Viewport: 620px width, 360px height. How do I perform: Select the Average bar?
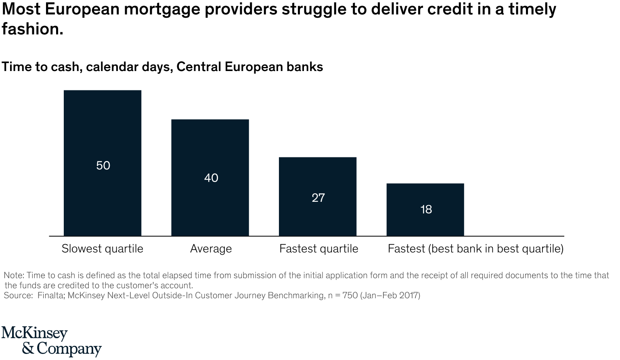[x=210, y=145]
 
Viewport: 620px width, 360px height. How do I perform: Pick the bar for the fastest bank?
[x=425, y=194]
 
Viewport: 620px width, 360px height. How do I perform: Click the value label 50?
[x=103, y=165]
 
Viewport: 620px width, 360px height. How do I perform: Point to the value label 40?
[x=211, y=178]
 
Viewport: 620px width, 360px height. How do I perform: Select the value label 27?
[x=318, y=198]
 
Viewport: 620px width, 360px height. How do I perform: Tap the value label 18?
[x=426, y=209]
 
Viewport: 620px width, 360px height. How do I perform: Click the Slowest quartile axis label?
[x=103, y=249]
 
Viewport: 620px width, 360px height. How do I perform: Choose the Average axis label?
[x=211, y=249]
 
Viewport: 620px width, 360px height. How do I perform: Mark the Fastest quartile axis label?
[x=319, y=249]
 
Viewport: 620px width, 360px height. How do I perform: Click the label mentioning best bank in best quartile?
[x=475, y=249]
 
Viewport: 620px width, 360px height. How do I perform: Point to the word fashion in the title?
[x=32, y=29]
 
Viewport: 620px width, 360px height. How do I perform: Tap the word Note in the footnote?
[x=13, y=276]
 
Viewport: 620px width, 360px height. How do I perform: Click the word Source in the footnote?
[x=17, y=295]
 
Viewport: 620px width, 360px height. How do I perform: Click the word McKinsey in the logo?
[x=35, y=334]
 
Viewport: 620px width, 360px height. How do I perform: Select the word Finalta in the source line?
[x=51, y=295]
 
